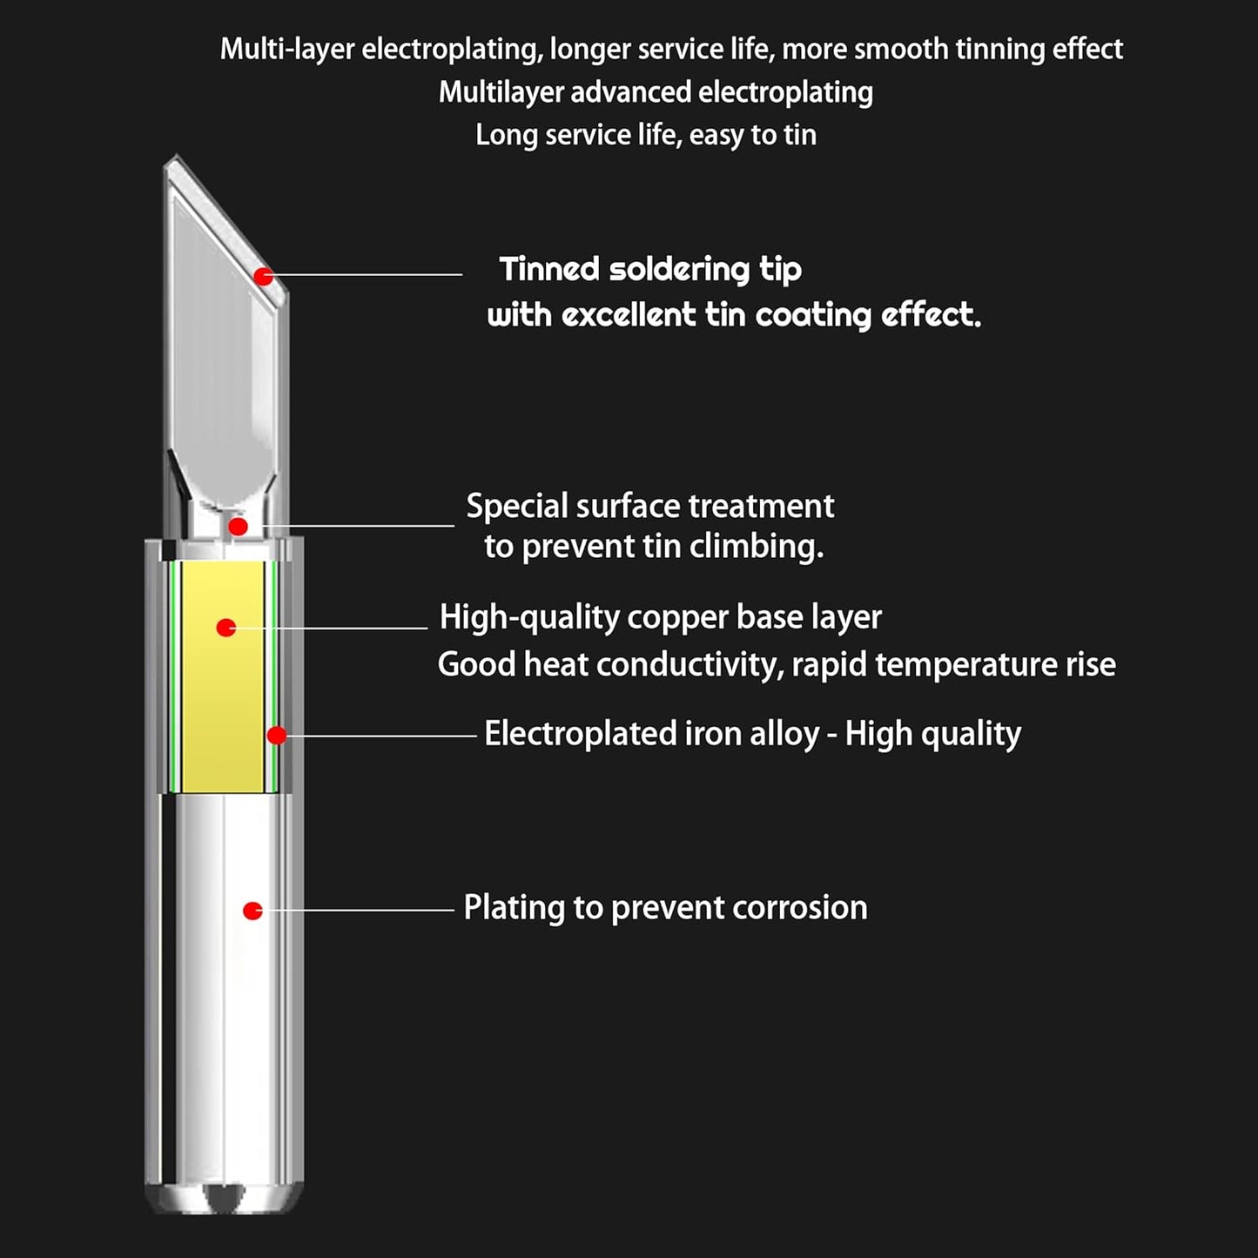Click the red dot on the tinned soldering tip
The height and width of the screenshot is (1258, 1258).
tap(263, 276)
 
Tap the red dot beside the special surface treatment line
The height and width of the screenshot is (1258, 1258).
tap(238, 526)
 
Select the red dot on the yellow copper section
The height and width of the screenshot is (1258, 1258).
tap(225, 628)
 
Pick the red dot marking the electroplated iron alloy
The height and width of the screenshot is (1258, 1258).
tap(276, 735)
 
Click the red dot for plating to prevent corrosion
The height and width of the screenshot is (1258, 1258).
tap(252, 910)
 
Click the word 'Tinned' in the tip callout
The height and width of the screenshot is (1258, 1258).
tap(549, 269)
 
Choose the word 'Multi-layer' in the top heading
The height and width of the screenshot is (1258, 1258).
tap(287, 50)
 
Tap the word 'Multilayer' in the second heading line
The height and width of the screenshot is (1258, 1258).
tap(501, 92)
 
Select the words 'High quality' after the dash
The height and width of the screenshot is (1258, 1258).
tap(933, 735)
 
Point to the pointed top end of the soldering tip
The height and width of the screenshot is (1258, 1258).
tap(176, 155)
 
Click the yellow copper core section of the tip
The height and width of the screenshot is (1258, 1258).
tap(223, 676)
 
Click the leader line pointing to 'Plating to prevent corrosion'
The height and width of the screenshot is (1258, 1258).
tap(359, 910)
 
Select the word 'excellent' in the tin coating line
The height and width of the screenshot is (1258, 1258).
tap(629, 315)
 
